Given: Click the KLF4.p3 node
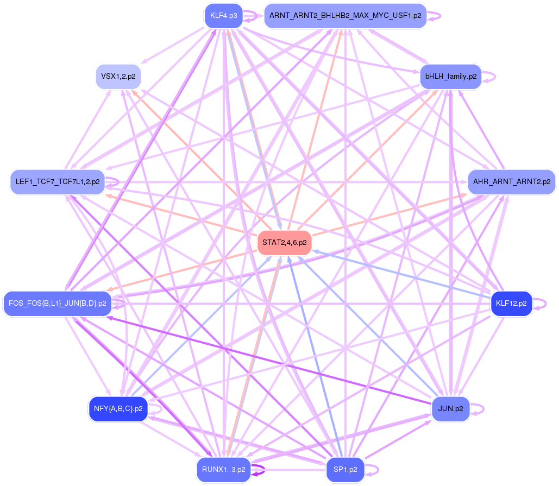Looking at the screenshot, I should coord(223,16).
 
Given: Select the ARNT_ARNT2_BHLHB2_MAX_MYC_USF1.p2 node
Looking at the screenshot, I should coord(345,16).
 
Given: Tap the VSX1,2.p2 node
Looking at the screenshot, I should coord(118,77).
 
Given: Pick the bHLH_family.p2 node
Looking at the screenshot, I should coord(450,77).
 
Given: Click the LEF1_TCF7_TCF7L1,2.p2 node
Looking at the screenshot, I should coord(57,181).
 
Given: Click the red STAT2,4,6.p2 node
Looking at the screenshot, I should coord(284,242).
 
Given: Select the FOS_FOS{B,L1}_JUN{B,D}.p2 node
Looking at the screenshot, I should coord(57,303).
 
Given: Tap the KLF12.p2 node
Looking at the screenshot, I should coord(511,303).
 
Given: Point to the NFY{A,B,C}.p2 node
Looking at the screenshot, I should coord(118,408).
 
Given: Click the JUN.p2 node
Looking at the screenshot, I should coord(450,408).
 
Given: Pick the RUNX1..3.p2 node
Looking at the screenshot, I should coord(223,469).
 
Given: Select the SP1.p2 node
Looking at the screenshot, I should coord(345,469).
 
